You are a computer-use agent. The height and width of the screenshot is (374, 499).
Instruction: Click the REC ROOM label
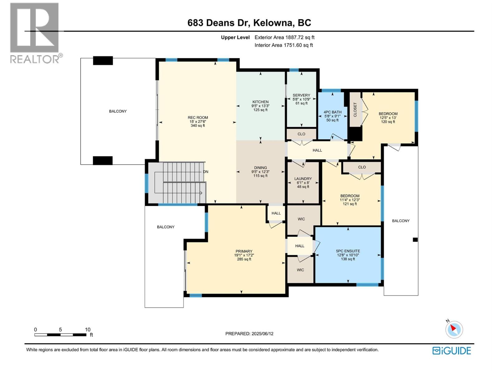tap(198, 117)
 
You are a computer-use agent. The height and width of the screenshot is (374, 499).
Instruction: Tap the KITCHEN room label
tap(260, 102)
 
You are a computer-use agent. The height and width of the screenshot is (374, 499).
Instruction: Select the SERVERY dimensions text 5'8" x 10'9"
tap(301, 99)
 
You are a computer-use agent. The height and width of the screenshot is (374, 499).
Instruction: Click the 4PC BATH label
tap(332, 112)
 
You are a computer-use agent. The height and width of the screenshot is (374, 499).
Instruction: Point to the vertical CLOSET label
tap(355, 110)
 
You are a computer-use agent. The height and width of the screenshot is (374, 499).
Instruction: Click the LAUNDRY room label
tap(303, 179)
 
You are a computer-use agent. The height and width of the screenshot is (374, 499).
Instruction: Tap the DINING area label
tap(260, 168)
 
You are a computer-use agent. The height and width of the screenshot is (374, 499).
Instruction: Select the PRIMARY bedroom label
tap(244, 251)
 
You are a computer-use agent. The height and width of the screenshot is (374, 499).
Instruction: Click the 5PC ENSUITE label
tap(348, 251)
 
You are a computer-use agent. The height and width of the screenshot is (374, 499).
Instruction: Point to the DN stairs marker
tap(206, 172)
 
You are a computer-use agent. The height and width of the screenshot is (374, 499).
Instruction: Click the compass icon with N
tap(454, 329)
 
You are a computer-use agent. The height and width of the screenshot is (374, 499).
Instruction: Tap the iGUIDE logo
tap(452, 351)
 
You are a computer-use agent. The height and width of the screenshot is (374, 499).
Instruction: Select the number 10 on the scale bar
tap(88, 329)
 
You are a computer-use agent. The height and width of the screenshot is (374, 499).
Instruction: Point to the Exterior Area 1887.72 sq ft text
tap(284, 37)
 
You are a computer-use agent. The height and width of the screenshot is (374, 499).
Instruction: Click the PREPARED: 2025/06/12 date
tap(249, 333)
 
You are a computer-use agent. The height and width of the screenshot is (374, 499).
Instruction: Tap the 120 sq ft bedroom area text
tap(388, 122)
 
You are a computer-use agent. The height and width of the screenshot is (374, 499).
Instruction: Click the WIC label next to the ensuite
tap(300, 270)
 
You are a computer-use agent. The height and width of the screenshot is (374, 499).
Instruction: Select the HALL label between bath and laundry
tap(317, 150)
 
